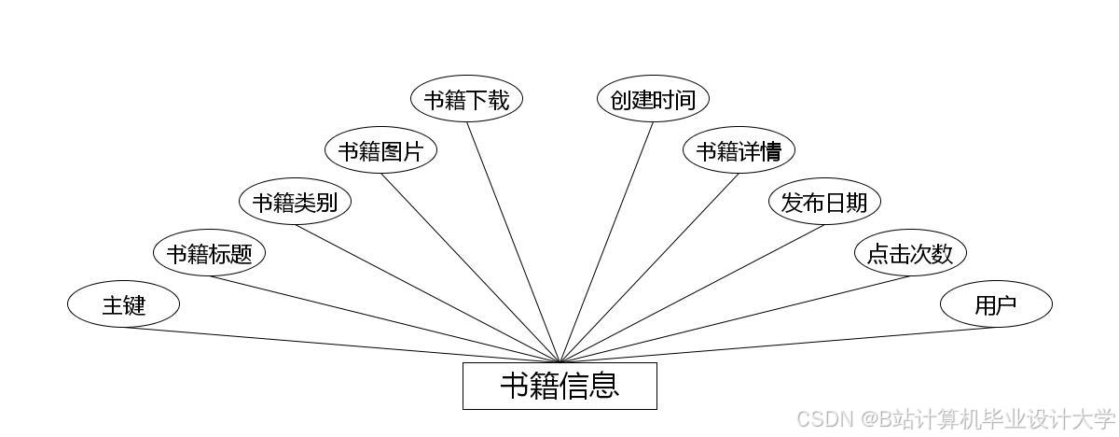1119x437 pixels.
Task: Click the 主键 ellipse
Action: [123, 304]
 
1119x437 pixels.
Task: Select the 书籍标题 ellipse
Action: [209, 253]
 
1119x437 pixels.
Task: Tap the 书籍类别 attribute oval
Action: [295, 202]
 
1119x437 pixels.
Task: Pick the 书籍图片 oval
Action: [380, 150]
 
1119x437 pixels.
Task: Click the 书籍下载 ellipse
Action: [466, 99]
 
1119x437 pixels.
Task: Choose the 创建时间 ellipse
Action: [653, 99]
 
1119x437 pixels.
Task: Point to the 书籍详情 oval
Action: [739, 150]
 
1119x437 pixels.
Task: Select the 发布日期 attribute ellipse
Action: [824, 202]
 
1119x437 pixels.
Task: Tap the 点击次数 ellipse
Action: [910, 253]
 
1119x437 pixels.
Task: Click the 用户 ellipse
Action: [996, 304]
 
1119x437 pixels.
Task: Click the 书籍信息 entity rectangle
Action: [559, 386]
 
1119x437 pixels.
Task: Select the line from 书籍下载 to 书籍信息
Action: [513, 242]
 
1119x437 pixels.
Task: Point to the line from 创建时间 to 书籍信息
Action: [606, 242]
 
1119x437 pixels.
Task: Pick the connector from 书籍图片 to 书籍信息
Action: [470, 268]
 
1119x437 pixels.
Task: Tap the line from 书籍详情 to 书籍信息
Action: [649, 268]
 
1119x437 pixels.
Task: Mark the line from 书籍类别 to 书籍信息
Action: [427, 293]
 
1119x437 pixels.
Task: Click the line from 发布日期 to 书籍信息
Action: [692, 293]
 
